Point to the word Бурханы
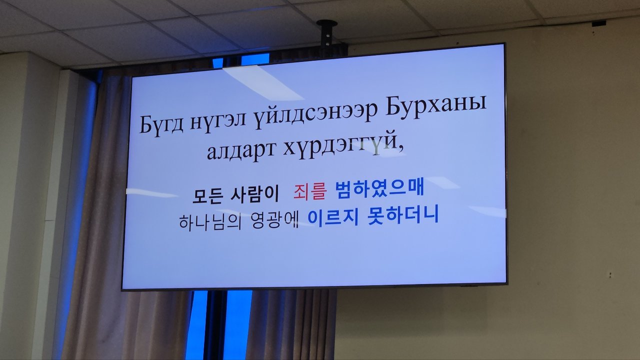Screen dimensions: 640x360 pyautogui.click(x=436, y=106)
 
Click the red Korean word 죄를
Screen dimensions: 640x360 pyautogui.click(x=309, y=191)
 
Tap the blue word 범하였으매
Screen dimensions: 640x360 pyautogui.click(x=379, y=188)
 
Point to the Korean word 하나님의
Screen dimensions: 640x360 pyautogui.click(x=210, y=221)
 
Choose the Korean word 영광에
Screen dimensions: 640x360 pyautogui.click(x=274, y=220)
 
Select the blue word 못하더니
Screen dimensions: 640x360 pyautogui.click(x=403, y=215)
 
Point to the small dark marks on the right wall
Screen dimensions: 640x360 pyautogui.click(x=609, y=275)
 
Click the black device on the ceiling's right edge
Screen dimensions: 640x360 pyautogui.click(x=599, y=23)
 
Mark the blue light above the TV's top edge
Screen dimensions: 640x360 pyautogui.click(x=255, y=59)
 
